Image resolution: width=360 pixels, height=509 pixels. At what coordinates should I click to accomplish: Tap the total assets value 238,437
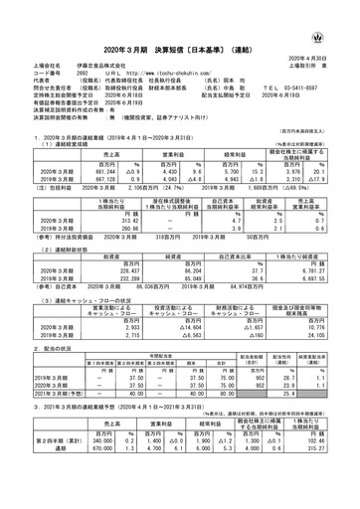78,240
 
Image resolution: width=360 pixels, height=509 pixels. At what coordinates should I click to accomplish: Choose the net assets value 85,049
164,247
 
